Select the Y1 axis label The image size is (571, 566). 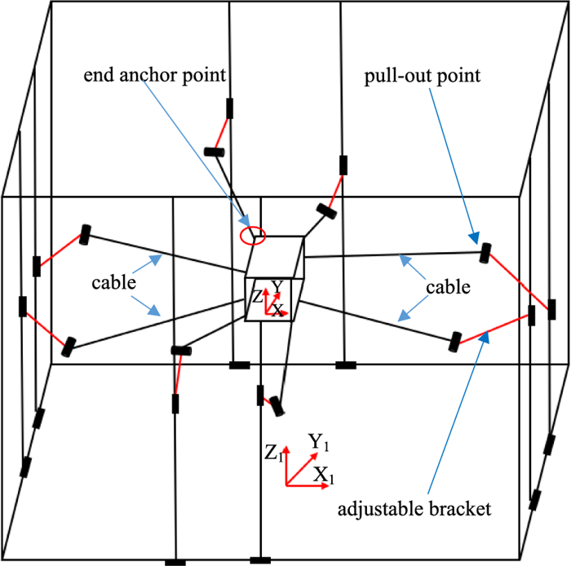pyautogui.click(x=318, y=442)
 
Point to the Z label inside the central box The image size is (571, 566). pyautogui.click(x=257, y=298)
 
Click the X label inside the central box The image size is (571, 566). pyautogui.click(x=278, y=310)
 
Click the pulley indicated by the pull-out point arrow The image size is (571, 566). pyautogui.click(x=486, y=253)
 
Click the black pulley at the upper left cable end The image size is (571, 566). pyautogui.click(x=84, y=235)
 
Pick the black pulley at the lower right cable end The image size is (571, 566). pyautogui.click(x=455, y=340)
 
